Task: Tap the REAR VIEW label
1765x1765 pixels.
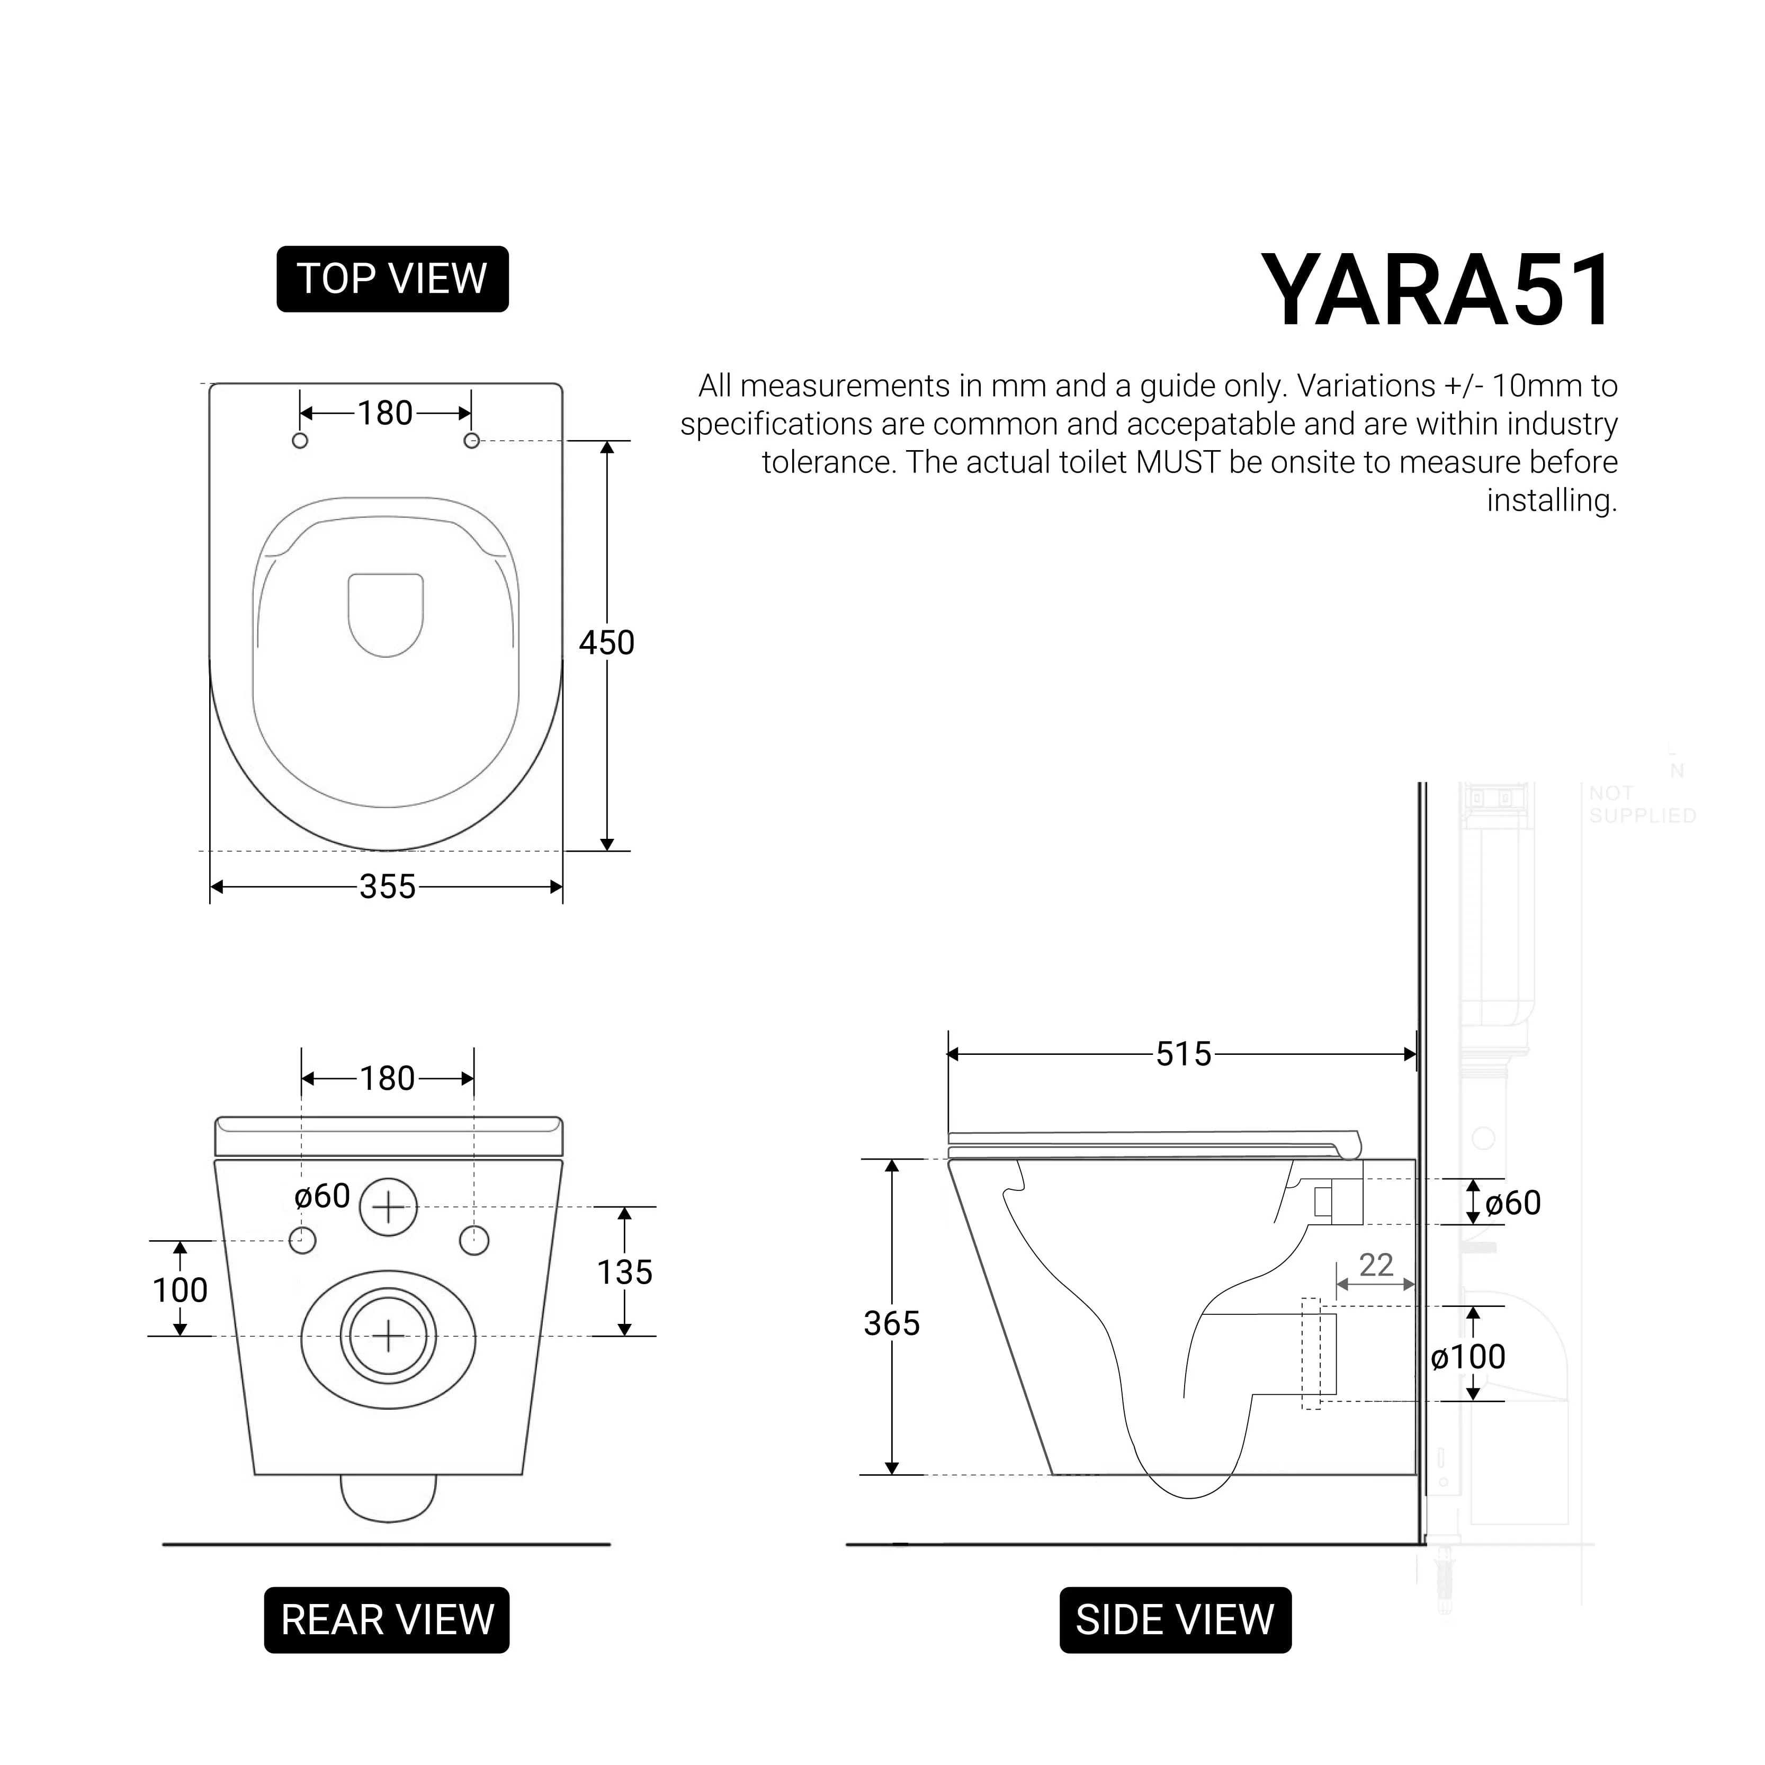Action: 387,1620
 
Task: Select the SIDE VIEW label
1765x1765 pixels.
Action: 1175,1620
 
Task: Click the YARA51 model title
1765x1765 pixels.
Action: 1438,291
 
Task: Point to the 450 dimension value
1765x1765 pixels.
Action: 607,643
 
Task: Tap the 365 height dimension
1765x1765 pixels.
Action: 892,1323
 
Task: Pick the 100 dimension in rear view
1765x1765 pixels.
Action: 180,1290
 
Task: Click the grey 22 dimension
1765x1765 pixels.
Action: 1376,1265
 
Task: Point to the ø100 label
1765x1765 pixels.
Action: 1468,1357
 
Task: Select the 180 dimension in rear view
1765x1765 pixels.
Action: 387,1079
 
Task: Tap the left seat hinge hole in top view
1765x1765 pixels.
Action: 300,441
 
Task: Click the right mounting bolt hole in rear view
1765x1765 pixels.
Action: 474,1241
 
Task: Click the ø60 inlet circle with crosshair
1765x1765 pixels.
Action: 388,1208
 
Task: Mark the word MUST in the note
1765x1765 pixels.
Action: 1178,462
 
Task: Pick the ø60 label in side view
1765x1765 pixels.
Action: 1513,1203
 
